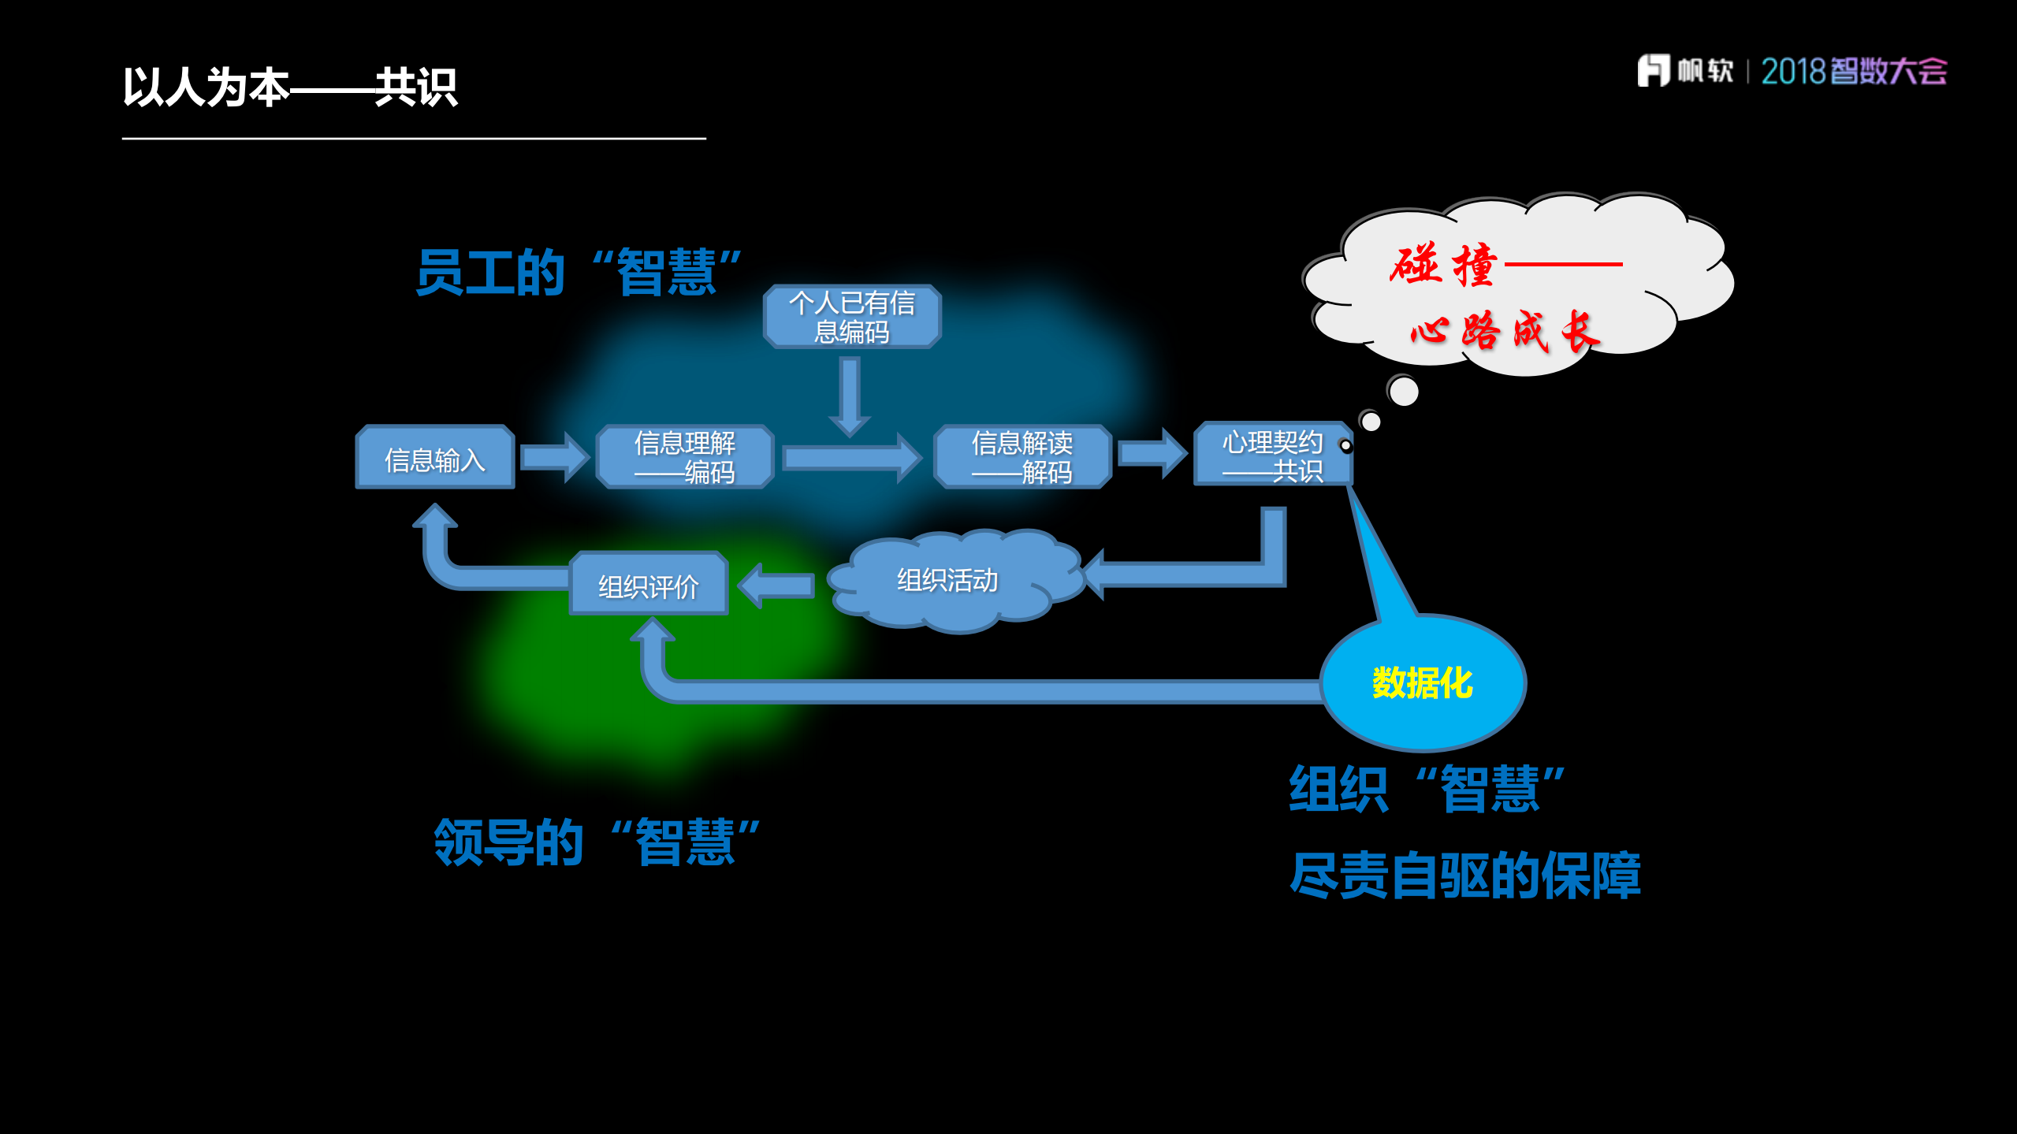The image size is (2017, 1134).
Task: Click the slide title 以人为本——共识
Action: click(x=289, y=87)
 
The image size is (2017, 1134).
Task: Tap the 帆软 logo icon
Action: click(x=1653, y=71)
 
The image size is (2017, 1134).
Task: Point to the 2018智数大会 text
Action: click(x=1853, y=72)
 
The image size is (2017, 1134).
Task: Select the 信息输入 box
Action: click(x=435, y=458)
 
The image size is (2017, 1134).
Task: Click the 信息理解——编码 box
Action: click(x=684, y=457)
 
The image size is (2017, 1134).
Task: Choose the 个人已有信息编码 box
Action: click(x=851, y=317)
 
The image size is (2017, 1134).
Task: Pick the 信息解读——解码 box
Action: click(x=1022, y=457)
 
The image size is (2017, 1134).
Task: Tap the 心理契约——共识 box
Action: click(x=1271, y=455)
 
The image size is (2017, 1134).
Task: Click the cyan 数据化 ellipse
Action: click(x=1423, y=682)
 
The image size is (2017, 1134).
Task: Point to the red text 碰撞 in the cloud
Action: click(x=1443, y=265)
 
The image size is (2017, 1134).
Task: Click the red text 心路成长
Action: click(x=1504, y=331)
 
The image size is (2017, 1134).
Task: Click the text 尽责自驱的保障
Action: click(x=1464, y=876)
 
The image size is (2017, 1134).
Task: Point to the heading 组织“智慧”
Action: click(x=1426, y=789)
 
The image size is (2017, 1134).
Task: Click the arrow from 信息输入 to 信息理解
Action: click(x=555, y=457)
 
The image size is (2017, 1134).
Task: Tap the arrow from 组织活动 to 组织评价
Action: click(x=776, y=586)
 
